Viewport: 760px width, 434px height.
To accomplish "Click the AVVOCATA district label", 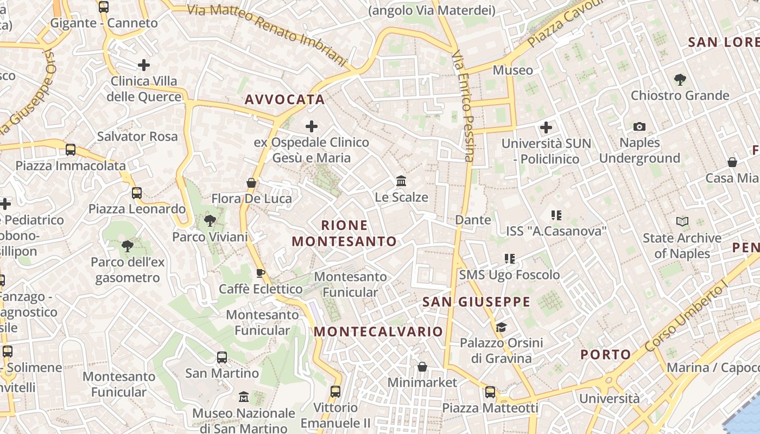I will pyautogui.click(x=284, y=99).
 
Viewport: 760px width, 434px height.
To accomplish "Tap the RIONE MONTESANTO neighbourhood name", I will pyautogui.click(x=345, y=233).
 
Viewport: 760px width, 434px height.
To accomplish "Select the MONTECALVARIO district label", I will pyautogui.click(x=378, y=331).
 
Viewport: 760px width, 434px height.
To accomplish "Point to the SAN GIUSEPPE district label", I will pyautogui.click(x=476, y=302).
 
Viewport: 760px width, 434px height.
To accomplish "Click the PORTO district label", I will pyautogui.click(x=606, y=355).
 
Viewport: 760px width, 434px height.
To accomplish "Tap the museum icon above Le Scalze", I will pyautogui.click(x=401, y=181).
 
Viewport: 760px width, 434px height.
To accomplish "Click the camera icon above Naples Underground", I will pyautogui.click(x=639, y=126).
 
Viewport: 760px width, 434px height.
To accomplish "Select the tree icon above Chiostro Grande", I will pyautogui.click(x=680, y=80).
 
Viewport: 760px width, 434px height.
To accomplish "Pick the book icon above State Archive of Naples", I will pyautogui.click(x=682, y=221).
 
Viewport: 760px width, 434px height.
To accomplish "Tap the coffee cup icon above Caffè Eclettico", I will pyautogui.click(x=261, y=273).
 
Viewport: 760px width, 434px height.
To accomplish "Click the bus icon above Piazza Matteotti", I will pyautogui.click(x=490, y=392).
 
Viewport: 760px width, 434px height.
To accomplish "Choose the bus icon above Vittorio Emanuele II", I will pyautogui.click(x=335, y=391).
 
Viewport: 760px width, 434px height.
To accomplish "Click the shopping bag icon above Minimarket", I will pyautogui.click(x=422, y=367).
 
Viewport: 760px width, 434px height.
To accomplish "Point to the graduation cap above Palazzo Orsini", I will pyautogui.click(x=501, y=327).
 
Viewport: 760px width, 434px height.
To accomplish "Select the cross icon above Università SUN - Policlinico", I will pyautogui.click(x=546, y=128).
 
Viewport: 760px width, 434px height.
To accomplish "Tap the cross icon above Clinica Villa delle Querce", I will pyautogui.click(x=143, y=65).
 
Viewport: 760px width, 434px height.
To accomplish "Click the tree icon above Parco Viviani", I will pyautogui.click(x=210, y=221).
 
